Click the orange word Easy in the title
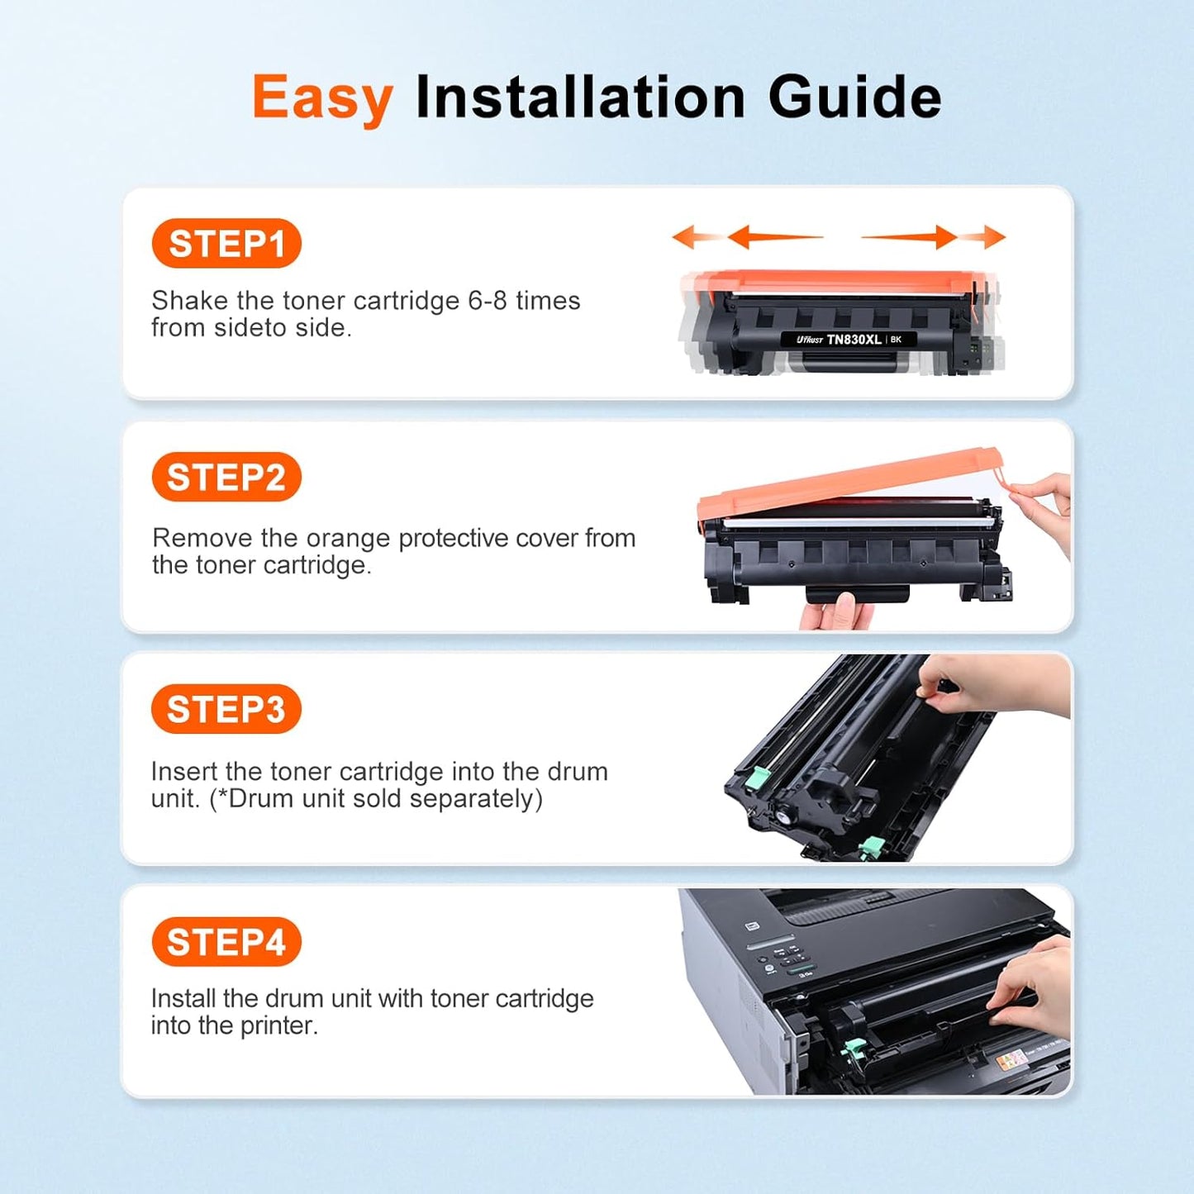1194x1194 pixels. [x=321, y=98]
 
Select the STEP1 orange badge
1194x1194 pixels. [x=226, y=244]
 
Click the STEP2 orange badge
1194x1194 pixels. [x=226, y=478]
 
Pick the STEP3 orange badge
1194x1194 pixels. [x=226, y=710]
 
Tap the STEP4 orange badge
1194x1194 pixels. [x=226, y=942]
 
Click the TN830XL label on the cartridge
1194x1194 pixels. [x=853, y=340]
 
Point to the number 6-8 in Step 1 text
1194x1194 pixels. [x=488, y=301]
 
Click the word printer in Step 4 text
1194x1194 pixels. [x=278, y=1026]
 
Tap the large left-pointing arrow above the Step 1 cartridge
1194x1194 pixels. [x=773, y=237]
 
